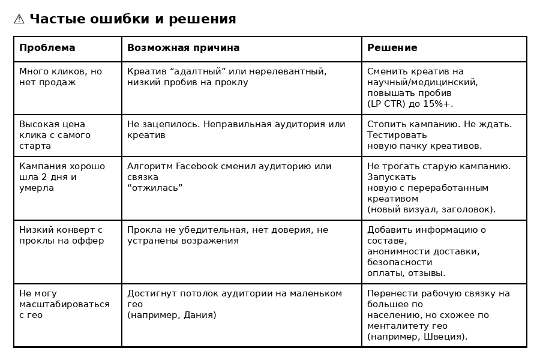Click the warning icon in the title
point(19,19)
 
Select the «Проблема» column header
point(47,48)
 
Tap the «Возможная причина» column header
point(183,48)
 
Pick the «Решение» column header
point(392,48)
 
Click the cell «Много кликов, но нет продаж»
point(60,77)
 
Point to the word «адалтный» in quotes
point(196,71)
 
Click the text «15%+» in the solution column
point(440,104)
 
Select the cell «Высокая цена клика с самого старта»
point(55,135)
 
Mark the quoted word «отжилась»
point(155,188)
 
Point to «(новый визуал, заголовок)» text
point(431,209)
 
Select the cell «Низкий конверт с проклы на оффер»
point(61,235)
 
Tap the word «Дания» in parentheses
point(199,315)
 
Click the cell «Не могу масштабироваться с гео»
point(64,304)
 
